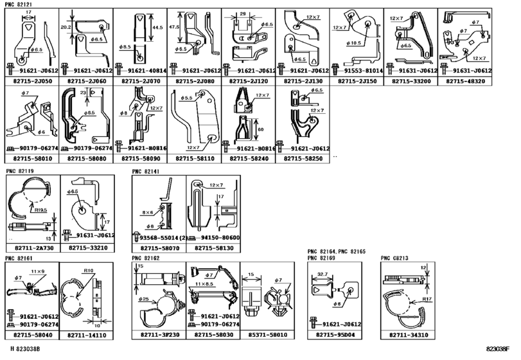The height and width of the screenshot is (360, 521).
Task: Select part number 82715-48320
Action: pos(467,82)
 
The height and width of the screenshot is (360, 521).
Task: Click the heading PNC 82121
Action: pos(17,4)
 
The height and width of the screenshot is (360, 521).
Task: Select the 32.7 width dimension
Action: pos(323,274)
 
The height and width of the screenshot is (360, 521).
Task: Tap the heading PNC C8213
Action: pos(393,258)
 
